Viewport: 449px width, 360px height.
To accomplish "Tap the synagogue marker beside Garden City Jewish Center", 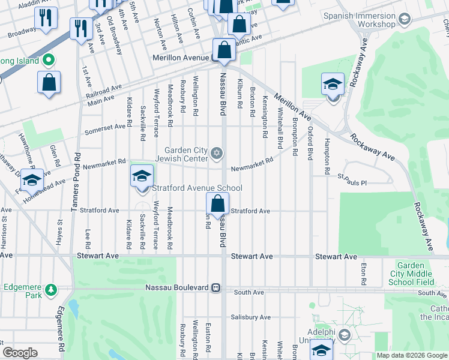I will pos(217,154).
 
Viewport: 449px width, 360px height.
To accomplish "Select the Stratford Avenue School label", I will pos(197,188).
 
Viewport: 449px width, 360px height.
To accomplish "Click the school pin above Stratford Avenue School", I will pos(142,176).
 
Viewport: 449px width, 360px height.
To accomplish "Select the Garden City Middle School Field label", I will pos(422,274).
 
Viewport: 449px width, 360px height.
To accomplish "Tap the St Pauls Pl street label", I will pos(351,178).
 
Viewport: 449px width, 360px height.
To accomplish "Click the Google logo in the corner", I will pos(20,353).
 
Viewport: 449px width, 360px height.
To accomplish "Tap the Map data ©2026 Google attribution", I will pos(412,355).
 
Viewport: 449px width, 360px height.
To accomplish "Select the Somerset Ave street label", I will pos(109,128).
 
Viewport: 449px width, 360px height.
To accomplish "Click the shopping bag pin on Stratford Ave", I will pos(217,205).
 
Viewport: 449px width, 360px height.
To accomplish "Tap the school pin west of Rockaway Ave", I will pos(332,86).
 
